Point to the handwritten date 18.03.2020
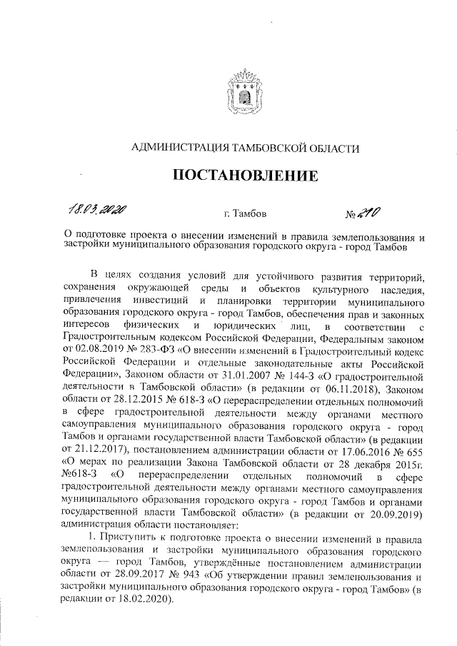pos(99,210)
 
